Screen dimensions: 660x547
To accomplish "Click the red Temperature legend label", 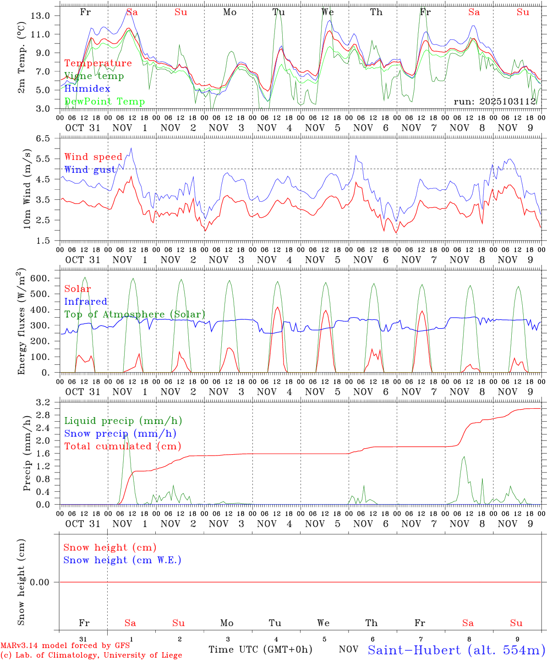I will tap(98, 63).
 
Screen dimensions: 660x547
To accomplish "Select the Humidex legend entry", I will tap(87, 89).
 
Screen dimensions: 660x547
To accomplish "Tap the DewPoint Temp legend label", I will tap(104, 102).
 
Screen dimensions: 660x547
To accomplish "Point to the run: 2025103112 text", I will tap(495, 102).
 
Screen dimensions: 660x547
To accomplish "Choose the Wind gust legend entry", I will tap(90, 170).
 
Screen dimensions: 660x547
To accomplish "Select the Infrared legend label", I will tap(86, 302).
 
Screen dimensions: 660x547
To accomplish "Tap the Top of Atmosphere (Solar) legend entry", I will tap(135, 314).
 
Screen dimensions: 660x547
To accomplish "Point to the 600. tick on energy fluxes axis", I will tap(40, 278).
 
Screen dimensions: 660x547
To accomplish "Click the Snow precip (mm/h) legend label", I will tap(120, 434).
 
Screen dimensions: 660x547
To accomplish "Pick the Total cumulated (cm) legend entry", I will tap(122, 446).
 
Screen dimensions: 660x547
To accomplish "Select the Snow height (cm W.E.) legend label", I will tap(122, 560).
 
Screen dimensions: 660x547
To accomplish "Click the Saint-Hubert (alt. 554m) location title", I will tap(456, 650).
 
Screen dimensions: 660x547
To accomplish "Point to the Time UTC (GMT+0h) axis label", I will tap(260, 649).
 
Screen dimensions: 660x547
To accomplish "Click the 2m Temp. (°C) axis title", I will tap(22, 58).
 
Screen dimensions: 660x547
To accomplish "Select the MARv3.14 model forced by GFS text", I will tap(65, 645).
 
